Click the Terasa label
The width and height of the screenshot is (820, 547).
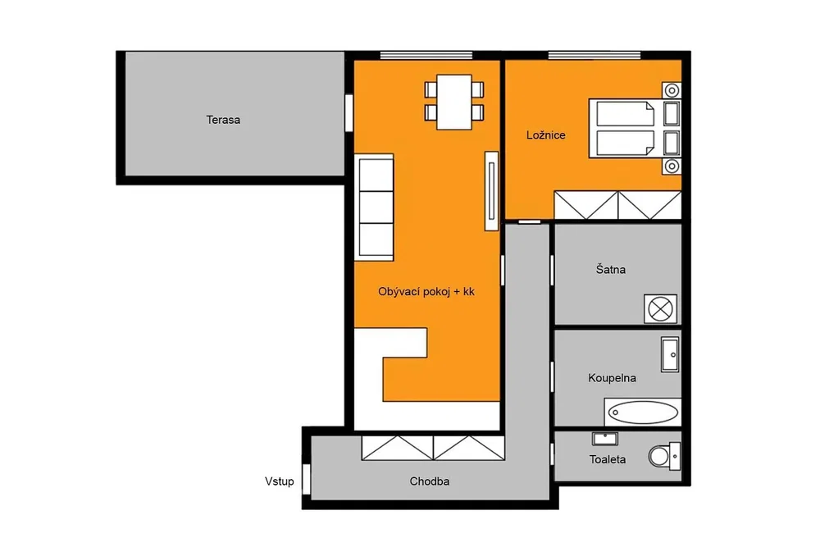[223, 120]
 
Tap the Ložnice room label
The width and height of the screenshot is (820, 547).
[545, 135]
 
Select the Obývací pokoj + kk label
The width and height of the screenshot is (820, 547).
[426, 292]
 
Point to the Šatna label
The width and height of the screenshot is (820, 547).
[610, 269]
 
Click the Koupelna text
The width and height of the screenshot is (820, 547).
[612, 377]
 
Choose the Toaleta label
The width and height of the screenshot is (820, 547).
[607, 460]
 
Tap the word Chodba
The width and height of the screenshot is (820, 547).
[430, 481]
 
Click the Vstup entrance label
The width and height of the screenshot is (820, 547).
[280, 481]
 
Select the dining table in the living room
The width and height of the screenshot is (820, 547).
[454, 102]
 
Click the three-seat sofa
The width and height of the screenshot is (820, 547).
[374, 207]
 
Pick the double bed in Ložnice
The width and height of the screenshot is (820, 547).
[622, 128]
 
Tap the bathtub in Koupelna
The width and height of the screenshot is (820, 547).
[642, 413]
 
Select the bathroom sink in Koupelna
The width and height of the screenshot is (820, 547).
[670, 354]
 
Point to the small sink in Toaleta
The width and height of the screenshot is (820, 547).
[605, 438]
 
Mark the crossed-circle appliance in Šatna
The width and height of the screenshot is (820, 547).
[660, 308]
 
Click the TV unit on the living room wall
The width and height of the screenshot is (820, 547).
[491, 191]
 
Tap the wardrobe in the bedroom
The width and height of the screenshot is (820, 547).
[617, 205]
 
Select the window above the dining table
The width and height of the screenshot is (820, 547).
[426, 56]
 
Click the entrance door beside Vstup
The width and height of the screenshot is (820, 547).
[307, 479]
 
